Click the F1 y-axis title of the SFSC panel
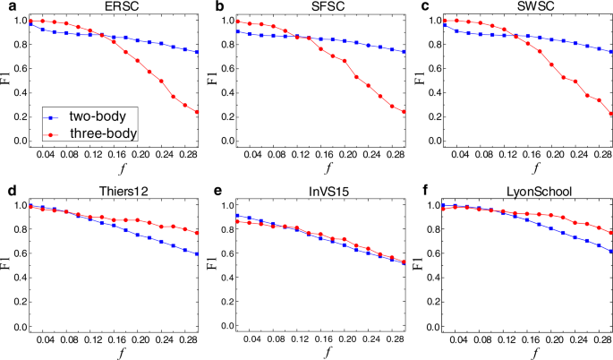point(211,80)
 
